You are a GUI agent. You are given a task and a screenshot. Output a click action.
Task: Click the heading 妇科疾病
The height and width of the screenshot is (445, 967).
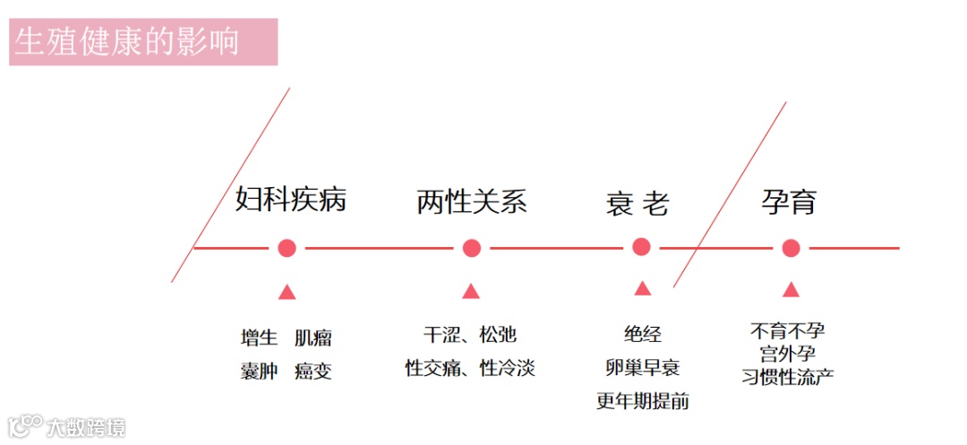tap(290, 200)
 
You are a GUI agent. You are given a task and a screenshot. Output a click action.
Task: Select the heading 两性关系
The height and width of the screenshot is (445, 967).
tap(472, 201)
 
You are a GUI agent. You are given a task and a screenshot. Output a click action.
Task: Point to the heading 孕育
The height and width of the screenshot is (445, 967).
tap(789, 201)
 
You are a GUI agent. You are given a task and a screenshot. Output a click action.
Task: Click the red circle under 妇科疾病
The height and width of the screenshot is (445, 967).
tap(287, 248)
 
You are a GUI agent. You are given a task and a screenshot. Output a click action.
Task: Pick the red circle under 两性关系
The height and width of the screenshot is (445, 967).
tap(472, 248)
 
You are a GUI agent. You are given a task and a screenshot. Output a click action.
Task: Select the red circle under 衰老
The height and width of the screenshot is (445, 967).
tap(641, 247)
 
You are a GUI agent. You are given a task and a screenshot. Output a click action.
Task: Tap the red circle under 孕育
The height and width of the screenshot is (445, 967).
tap(791, 248)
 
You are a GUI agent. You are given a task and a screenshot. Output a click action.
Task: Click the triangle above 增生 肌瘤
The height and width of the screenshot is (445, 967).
tap(287, 292)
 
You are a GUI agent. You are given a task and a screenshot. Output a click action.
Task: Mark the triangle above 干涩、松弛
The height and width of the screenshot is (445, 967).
tap(471, 291)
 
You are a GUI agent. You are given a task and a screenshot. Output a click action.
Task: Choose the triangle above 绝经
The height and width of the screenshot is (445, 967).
tap(642, 288)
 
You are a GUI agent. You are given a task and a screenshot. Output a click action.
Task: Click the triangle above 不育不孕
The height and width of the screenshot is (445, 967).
tap(791, 289)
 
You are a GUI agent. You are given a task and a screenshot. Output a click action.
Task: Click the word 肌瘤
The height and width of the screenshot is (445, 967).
tap(313, 338)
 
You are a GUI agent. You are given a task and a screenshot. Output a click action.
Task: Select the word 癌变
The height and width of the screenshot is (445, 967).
tap(313, 371)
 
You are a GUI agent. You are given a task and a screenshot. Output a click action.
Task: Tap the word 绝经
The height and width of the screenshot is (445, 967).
tap(642, 335)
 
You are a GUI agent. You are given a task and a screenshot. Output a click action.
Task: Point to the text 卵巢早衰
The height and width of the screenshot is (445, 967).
tap(642, 367)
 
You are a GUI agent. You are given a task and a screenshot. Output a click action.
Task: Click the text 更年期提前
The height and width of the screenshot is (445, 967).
tap(642, 400)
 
